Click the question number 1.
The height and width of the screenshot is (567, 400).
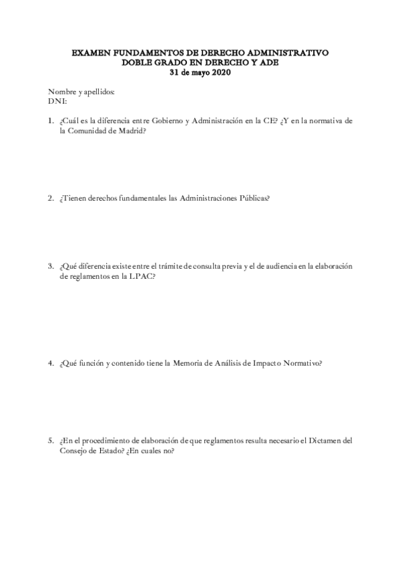[50, 121]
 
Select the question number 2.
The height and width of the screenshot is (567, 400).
[50, 198]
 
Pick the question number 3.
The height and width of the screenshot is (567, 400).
[50, 265]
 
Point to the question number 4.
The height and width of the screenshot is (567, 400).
[50, 363]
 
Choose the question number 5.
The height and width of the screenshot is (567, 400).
[50, 441]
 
